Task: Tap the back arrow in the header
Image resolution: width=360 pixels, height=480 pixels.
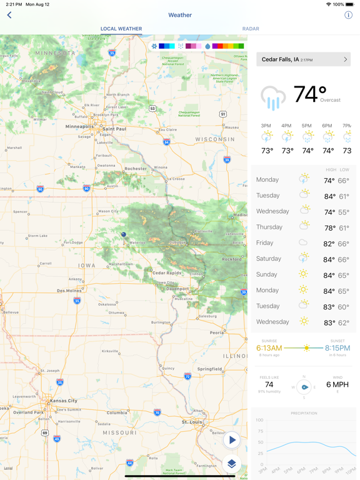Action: [x=9, y=15]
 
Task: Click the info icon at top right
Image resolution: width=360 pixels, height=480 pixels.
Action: [x=348, y=15]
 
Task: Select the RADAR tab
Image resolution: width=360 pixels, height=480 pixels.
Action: [x=251, y=29]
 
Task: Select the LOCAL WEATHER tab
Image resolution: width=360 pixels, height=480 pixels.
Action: [x=121, y=29]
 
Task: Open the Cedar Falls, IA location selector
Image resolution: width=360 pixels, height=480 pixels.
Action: [x=303, y=59]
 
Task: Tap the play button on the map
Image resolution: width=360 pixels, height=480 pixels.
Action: [x=232, y=440]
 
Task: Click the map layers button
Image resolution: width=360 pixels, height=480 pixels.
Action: [x=232, y=463]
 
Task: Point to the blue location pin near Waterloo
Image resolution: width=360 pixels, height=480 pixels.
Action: [x=123, y=234]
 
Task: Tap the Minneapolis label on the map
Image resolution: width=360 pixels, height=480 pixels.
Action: [x=79, y=126]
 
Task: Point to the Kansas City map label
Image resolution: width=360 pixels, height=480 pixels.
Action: [x=64, y=401]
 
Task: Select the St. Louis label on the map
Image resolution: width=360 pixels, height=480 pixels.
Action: [x=192, y=422]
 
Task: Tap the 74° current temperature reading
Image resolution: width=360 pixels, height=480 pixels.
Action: [x=310, y=94]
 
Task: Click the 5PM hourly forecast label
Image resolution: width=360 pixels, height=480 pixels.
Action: [x=307, y=126]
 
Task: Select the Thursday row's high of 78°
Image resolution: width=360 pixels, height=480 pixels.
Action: [x=329, y=227]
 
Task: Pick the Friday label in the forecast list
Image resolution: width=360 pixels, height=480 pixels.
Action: [x=264, y=242]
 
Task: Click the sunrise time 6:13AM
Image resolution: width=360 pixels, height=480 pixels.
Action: [x=269, y=348]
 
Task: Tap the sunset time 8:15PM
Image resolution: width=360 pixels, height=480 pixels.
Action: [x=337, y=348]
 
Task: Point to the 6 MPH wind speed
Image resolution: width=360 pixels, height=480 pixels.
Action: [x=337, y=384]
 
